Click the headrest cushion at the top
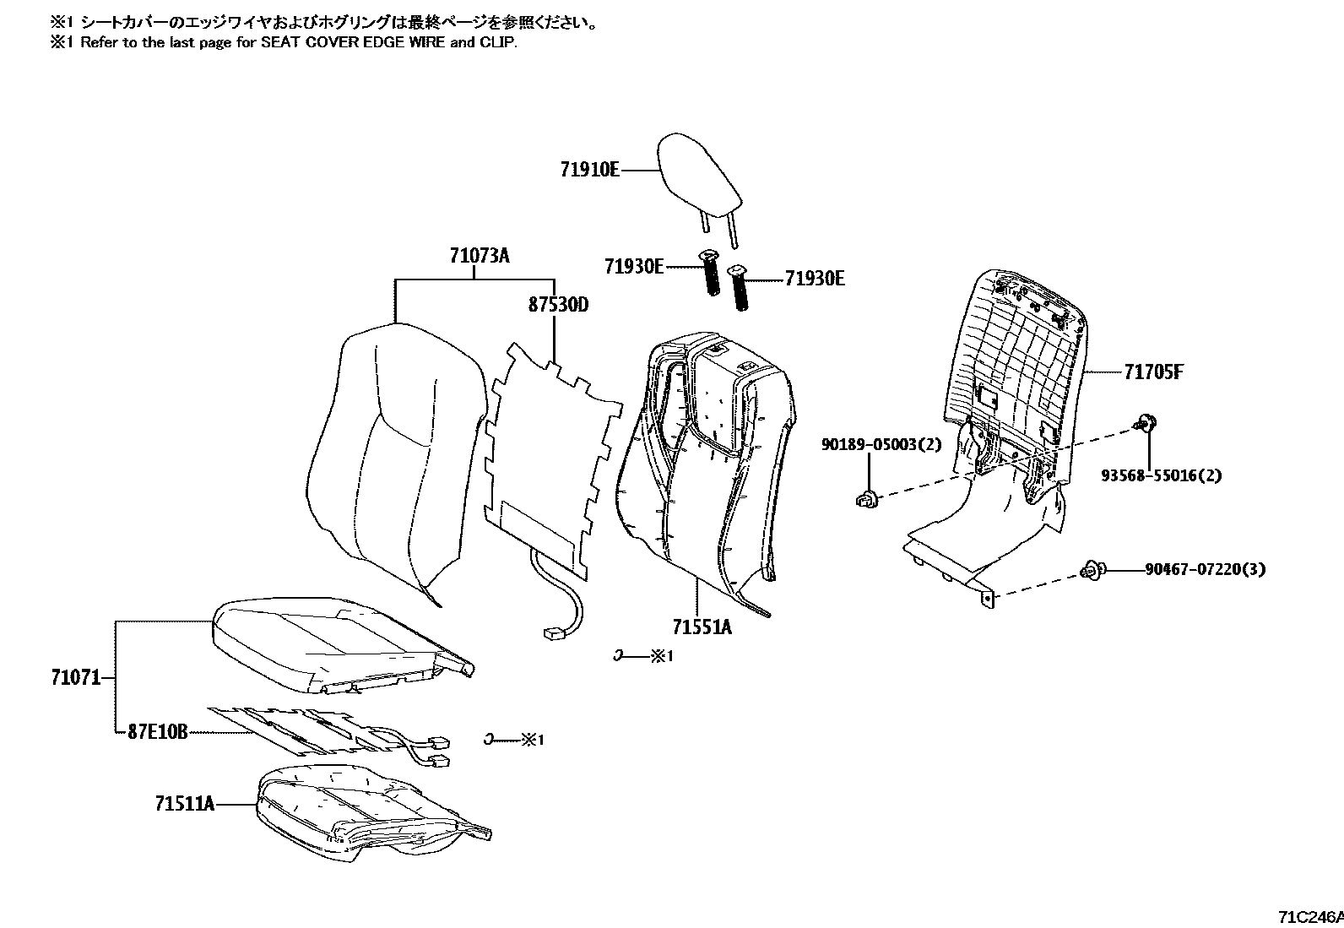pyautogui.click(x=700, y=179)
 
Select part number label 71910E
pyautogui.click(x=589, y=170)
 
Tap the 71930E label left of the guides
pyautogui.click(x=633, y=267)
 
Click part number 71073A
pyautogui.click(x=480, y=255)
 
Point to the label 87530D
pyautogui.click(x=558, y=304)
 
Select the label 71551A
pyautogui.click(x=702, y=627)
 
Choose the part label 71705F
pyautogui.click(x=1153, y=372)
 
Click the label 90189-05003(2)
pyautogui.click(x=881, y=444)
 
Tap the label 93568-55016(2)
pyautogui.click(x=1161, y=475)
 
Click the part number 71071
pyautogui.click(x=76, y=677)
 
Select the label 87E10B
pyautogui.click(x=157, y=731)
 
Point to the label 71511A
pyautogui.click(x=184, y=804)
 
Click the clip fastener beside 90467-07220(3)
pyautogui.click(x=1091, y=572)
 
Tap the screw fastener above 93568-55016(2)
pyautogui.click(x=1146, y=421)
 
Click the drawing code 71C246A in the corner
pyautogui.click(x=1309, y=917)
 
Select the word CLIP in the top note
pyautogui.click(x=498, y=42)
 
